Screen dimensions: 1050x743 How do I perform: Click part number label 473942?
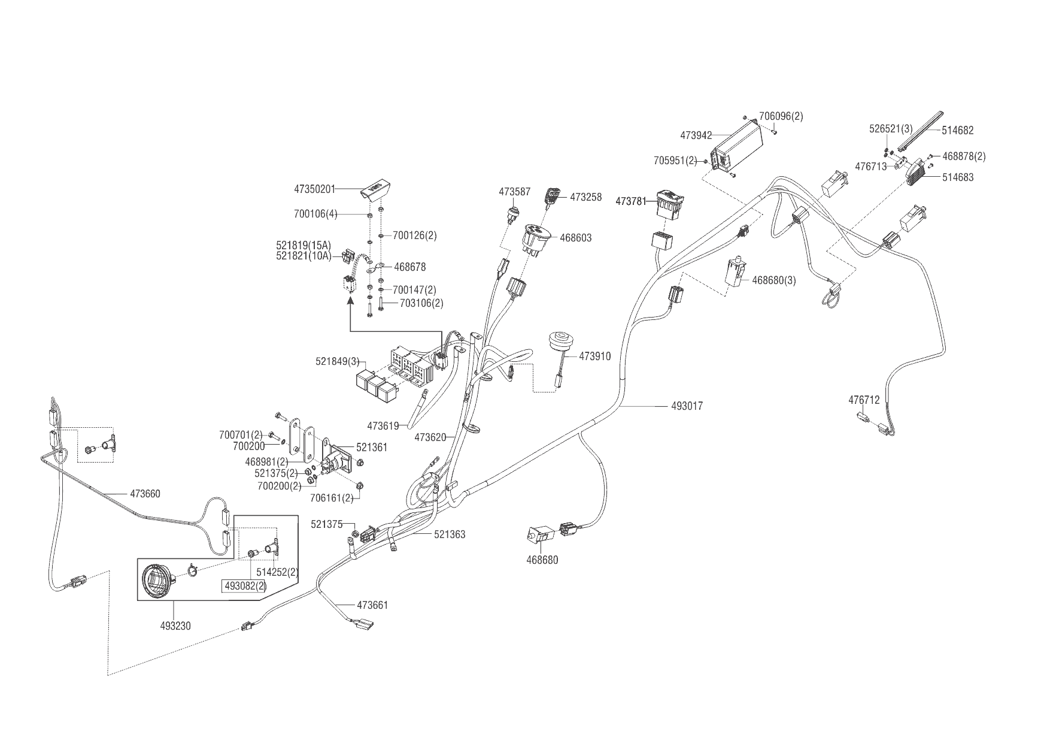pos(696,135)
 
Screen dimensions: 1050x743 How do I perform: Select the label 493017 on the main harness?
pos(687,406)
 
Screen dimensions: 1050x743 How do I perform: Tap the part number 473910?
pos(595,357)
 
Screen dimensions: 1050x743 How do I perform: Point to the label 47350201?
pos(314,189)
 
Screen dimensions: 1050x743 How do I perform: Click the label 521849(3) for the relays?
pos(338,362)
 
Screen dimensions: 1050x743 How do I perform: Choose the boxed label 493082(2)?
pos(245,585)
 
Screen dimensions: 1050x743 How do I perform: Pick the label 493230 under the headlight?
pos(176,626)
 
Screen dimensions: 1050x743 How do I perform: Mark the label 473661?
pos(372,605)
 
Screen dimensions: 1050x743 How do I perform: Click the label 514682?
pos(958,130)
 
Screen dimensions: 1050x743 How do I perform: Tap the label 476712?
pos(864,400)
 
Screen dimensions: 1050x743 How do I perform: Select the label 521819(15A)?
pos(304,246)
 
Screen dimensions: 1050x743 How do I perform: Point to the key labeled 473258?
pos(553,197)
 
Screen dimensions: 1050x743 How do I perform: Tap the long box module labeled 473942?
pos(737,147)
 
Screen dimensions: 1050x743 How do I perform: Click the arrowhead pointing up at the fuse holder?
pos(350,304)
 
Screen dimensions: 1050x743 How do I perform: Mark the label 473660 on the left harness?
pos(145,494)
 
